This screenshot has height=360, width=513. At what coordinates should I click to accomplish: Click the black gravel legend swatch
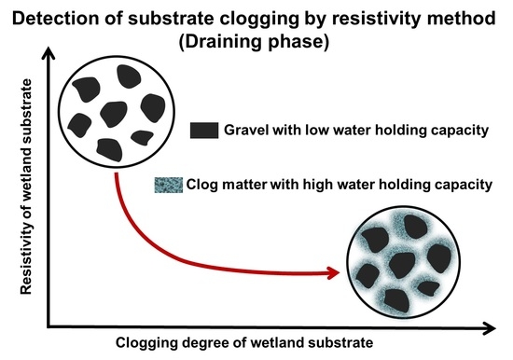202,131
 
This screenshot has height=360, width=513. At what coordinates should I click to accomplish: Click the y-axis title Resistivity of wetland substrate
20,195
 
